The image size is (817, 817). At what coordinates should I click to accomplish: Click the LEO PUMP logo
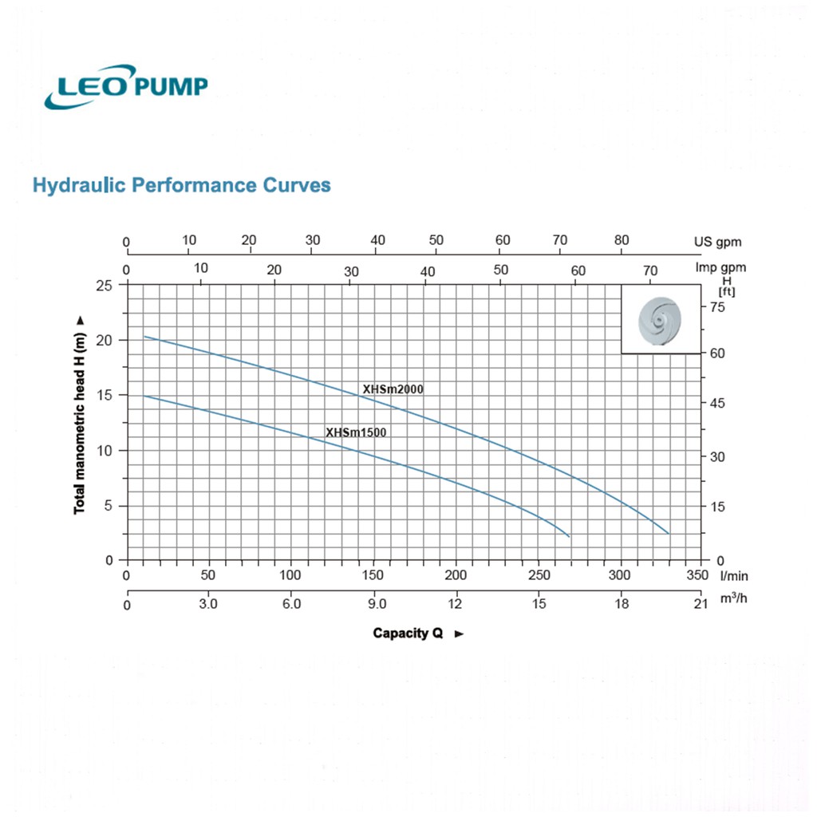pyautogui.click(x=126, y=86)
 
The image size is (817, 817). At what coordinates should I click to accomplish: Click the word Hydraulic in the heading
pyautogui.click(x=79, y=185)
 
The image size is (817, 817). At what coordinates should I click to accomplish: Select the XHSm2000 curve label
pyautogui.click(x=393, y=389)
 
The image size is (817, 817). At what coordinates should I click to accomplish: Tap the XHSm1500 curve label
pyautogui.click(x=356, y=432)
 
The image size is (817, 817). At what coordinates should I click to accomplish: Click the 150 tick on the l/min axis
pyautogui.click(x=373, y=574)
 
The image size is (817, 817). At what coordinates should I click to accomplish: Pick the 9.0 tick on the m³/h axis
pyautogui.click(x=377, y=604)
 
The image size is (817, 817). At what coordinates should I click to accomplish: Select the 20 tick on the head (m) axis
pyautogui.click(x=105, y=340)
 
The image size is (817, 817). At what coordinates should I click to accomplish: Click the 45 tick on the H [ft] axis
pyautogui.click(x=717, y=403)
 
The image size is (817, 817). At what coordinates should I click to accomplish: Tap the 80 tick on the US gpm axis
pyautogui.click(x=621, y=240)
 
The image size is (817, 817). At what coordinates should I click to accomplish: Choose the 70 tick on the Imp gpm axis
pyautogui.click(x=649, y=270)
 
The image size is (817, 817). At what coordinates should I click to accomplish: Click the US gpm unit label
pyautogui.click(x=717, y=242)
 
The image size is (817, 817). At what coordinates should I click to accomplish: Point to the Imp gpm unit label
pyautogui.click(x=720, y=267)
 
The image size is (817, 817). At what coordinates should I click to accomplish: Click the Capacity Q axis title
pyautogui.click(x=408, y=633)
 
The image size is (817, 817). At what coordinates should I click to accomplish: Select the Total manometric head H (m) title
pyautogui.click(x=79, y=424)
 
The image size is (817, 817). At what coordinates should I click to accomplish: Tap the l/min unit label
pyautogui.click(x=734, y=576)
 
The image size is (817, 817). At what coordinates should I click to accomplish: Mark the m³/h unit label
pyautogui.click(x=734, y=598)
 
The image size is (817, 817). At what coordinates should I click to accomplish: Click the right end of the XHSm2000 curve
pyautogui.click(x=669, y=534)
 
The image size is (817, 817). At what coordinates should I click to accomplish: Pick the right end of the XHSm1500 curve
pyautogui.click(x=569, y=537)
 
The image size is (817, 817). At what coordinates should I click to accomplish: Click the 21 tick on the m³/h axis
pyautogui.click(x=701, y=604)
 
